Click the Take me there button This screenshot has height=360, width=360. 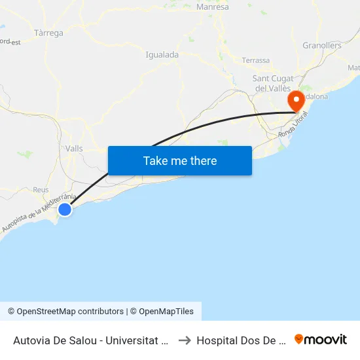180,160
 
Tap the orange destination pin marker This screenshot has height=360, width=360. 296,101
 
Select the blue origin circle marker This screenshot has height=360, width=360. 65,209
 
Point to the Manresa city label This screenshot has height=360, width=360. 213,7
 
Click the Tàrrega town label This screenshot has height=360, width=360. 48,32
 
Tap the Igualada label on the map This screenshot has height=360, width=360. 162,55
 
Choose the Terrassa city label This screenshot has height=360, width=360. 255,60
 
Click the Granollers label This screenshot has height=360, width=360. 322,45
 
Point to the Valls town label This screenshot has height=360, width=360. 75,149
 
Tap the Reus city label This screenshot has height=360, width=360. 41,190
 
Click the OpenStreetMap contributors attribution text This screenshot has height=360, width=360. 65,312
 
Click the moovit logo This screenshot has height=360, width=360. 321,340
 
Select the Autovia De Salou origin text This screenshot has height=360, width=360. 91,340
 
